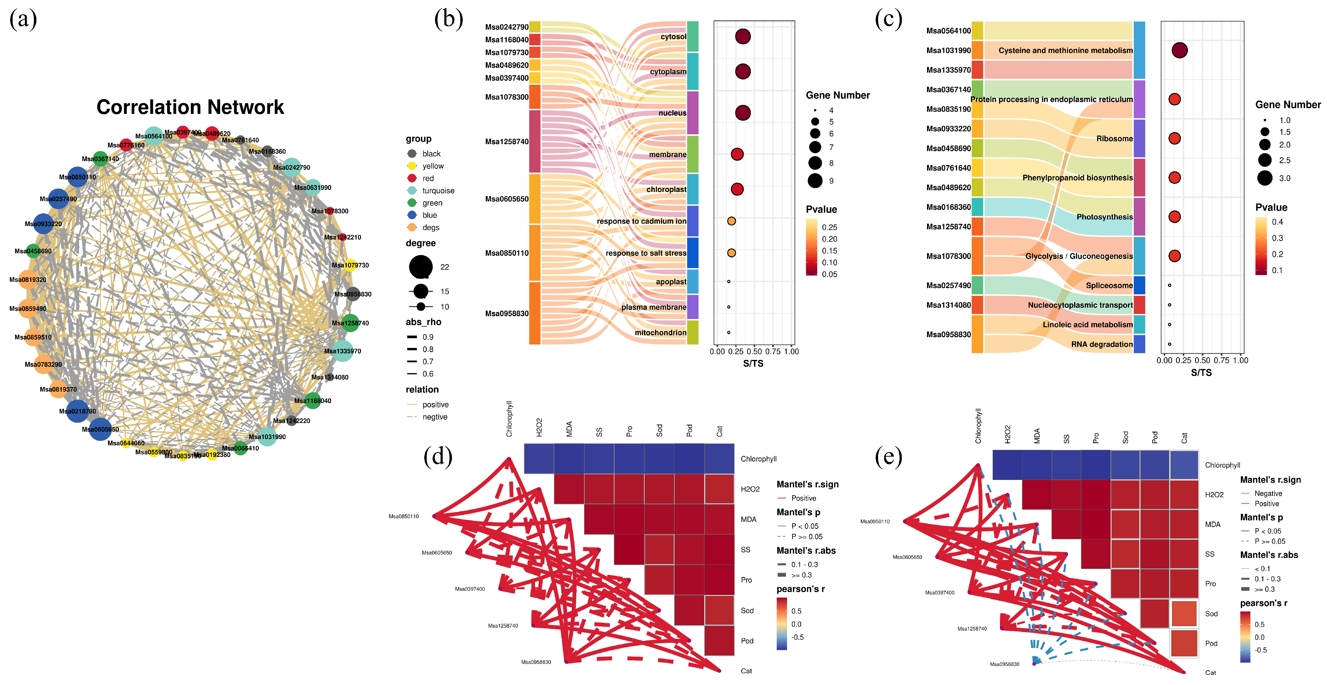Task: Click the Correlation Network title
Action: (190, 107)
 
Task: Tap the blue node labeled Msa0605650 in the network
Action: (100, 429)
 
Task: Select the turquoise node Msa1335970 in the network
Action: (342, 351)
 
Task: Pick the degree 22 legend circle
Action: (421, 267)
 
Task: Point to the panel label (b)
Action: (448, 20)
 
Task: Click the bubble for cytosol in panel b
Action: (743, 37)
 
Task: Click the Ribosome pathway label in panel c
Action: (1114, 139)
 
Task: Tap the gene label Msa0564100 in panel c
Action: (948, 31)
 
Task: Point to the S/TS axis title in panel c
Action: (1201, 373)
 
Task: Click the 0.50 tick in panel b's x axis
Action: (754, 352)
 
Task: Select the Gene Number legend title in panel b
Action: (837, 95)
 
